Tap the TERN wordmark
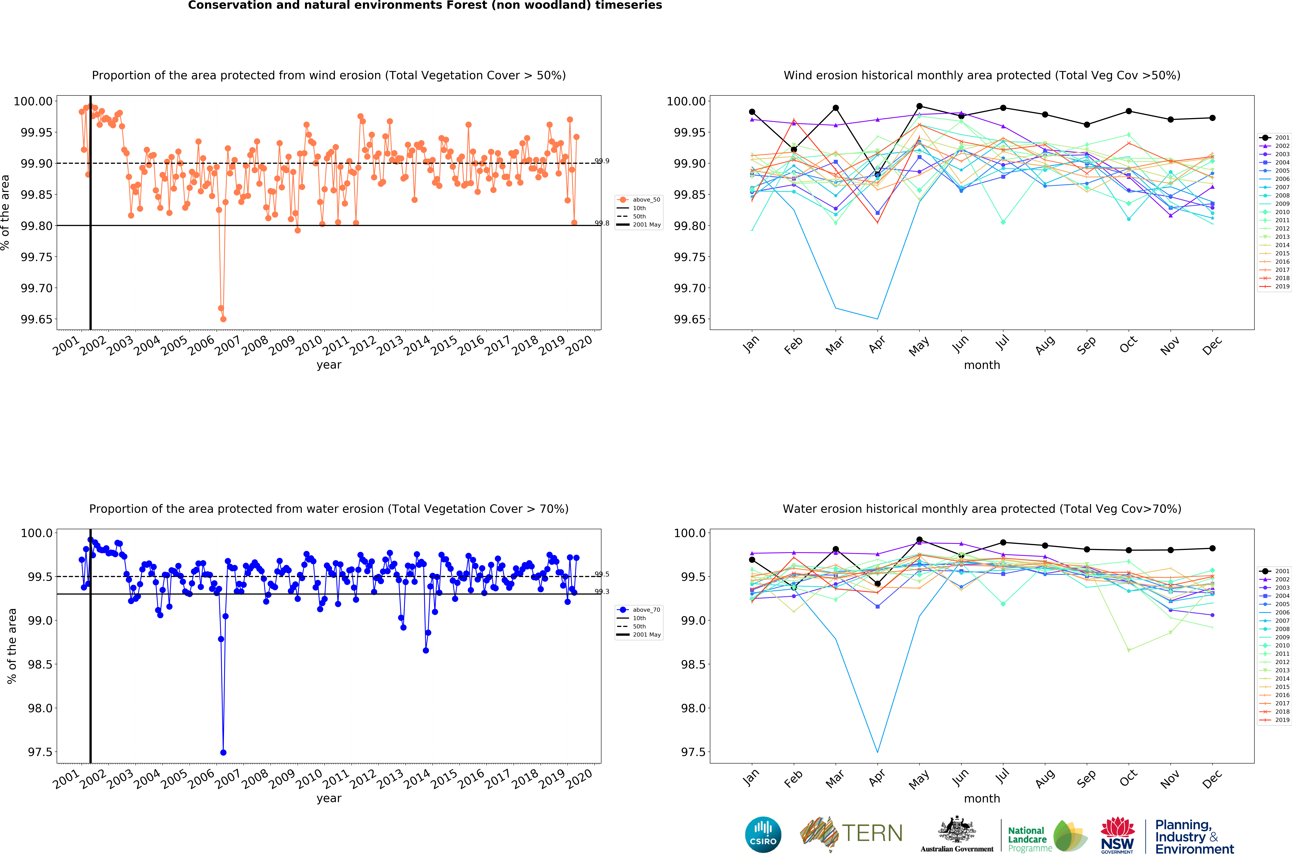point(872,833)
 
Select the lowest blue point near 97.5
point(223,752)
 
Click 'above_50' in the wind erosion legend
point(646,200)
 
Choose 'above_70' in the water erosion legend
point(646,610)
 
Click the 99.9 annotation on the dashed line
point(602,161)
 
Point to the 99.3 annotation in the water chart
point(602,592)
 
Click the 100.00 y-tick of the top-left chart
point(33,101)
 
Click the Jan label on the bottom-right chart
point(751,778)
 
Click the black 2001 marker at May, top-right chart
point(919,106)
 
